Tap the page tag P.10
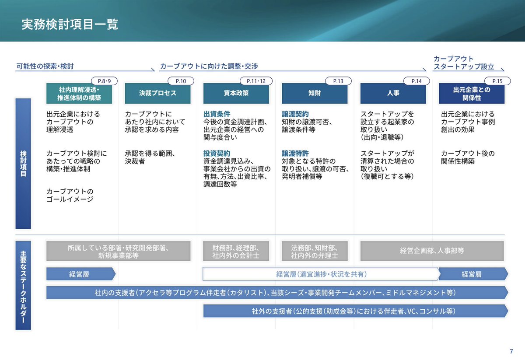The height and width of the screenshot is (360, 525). tap(181, 81)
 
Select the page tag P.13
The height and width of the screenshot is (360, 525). tap(338, 81)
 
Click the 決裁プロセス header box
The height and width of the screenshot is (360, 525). tap(157, 93)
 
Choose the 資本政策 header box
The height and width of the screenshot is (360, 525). tap(236, 93)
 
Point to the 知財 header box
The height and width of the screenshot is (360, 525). tap(315, 93)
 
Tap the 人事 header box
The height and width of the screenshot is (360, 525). tap(393, 93)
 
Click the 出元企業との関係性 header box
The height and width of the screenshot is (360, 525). tap(472, 93)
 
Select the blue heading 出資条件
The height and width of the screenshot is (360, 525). tap(217, 114)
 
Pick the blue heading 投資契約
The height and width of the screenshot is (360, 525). tap(217, 154)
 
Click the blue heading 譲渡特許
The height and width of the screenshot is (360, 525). tap(295, 154)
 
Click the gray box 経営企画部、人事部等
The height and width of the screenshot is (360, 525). tap(432, 251)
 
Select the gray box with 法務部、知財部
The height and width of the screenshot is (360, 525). tap(315, 251)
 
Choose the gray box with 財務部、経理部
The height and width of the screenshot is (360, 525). tap(236, 251)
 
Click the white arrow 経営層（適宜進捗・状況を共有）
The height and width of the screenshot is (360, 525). tap(321, 274)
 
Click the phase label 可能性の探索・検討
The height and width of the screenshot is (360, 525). tap(45, 66)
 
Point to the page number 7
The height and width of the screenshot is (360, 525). tap(511, 351)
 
